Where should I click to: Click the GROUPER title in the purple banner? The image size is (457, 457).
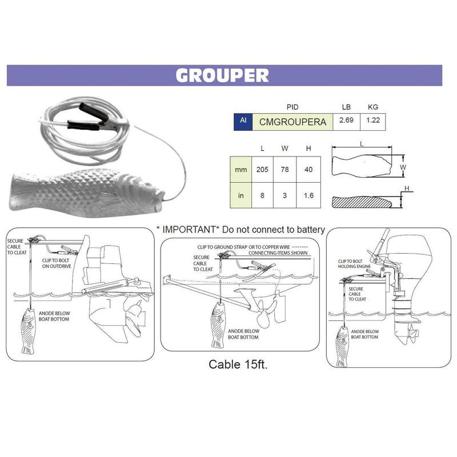pos(222,75)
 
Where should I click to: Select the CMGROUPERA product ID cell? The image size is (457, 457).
pos(292,121)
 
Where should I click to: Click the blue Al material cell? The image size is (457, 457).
pos(243,121)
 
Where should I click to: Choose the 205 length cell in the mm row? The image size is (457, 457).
pos(262,170)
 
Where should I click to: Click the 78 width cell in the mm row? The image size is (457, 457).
pos(285,170)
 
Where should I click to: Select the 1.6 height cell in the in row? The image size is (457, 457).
pos(308,196)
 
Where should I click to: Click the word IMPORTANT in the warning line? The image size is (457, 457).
pos(189,230)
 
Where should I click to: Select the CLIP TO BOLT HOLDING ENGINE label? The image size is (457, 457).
pos(350,264)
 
